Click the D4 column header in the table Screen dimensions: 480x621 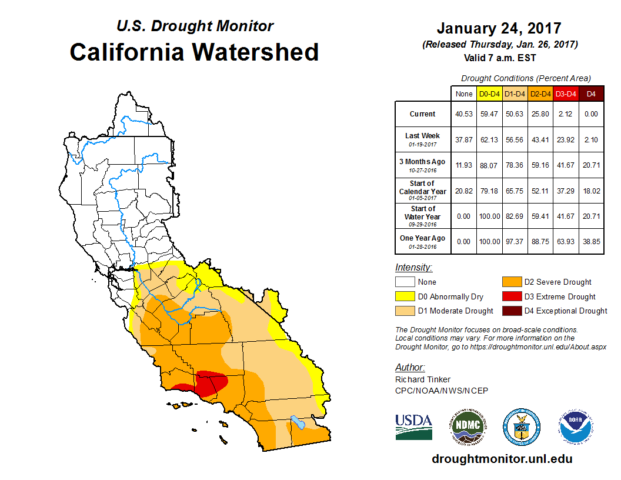[x=591, y=94]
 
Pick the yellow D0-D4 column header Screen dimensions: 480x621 [x=489, y=94]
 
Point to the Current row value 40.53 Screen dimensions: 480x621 [x=464, y=114]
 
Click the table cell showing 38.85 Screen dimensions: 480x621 [x=591, y=242]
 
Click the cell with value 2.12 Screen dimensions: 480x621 [x=566, y=114]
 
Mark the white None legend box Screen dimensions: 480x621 [x=405, y=282]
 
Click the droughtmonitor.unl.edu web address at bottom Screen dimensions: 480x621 [x=502, y=459]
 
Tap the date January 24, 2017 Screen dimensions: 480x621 [x=499, y=28]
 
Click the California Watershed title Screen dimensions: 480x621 [x=194, y=52]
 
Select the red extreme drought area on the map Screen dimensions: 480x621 [x=211, y=384]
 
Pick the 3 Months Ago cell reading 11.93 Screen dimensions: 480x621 [x=464, y=165]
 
